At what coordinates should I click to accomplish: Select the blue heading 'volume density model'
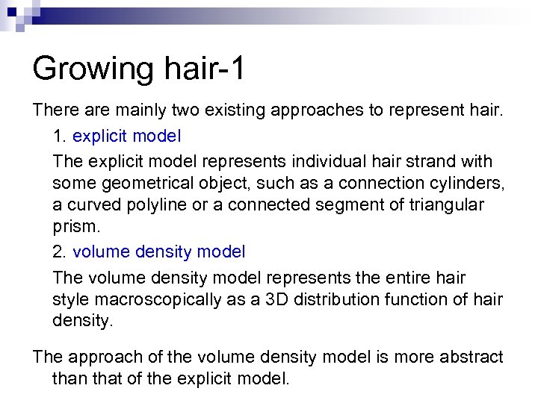159,252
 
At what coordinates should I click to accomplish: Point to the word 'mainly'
135,110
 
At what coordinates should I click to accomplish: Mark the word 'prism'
72,225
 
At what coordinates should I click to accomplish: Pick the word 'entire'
415,278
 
